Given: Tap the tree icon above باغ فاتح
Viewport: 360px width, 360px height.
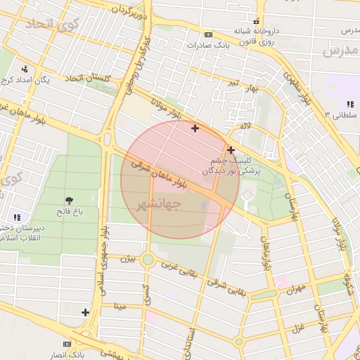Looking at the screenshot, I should pyautogui.click(x=70, y=200).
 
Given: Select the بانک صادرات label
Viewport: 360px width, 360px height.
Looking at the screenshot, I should pyautogui.click(x=209, y=44).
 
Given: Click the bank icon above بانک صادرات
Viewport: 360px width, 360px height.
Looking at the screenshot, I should pyautogui.click(x=208, y=34).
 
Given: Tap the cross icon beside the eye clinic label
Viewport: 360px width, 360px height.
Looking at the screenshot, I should pyautogui.click(x=231, y=149).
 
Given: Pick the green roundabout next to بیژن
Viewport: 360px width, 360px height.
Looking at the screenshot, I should pyautogui.click(x=148, y=259).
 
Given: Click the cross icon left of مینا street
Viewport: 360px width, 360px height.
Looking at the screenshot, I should pyautogui.click(x=85, y=312).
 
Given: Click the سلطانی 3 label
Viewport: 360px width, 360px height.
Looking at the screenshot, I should pyautogui.click(x=343, y=113).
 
